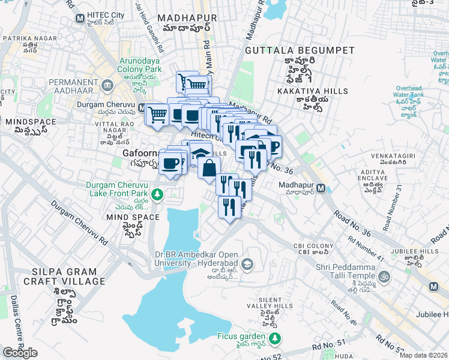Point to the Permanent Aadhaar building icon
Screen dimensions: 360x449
click(106, 85)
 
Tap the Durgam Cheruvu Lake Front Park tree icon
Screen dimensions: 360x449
click(157, 194)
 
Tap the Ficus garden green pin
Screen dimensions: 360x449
click(274, 339)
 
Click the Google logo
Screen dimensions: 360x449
click(20, 352)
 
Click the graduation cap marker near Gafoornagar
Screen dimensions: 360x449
click(200, 152)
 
